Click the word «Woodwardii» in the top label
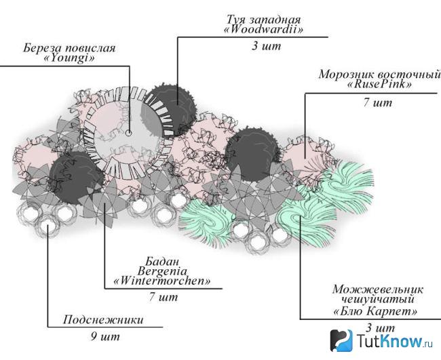263,30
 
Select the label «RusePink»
379,84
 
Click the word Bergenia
162,271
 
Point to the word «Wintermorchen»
161,281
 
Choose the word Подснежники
103,320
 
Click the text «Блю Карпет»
375,311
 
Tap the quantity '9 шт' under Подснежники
105,336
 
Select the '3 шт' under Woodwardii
266,46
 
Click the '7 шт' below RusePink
377,102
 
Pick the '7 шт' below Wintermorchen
164,297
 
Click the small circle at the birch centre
128,133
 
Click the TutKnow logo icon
341,340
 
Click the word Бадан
162,262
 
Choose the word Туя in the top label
237,20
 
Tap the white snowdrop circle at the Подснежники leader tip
47,225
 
